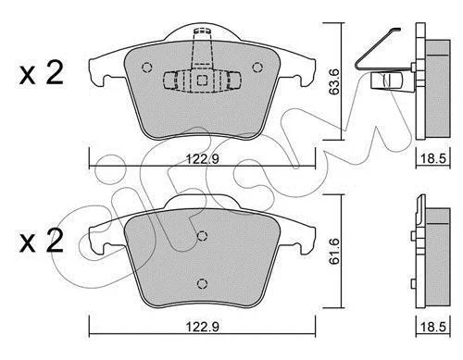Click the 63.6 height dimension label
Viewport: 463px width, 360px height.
pos(333,81)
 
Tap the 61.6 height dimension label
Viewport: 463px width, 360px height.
pos(333,252)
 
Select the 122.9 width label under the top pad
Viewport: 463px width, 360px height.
pos(203,159)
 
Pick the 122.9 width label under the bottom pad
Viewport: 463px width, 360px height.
pos(203,327)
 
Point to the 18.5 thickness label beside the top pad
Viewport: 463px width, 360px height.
pos(433,159)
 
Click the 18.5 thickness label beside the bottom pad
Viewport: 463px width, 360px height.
pos(433,327)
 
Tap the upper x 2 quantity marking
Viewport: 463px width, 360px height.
pos(41,73)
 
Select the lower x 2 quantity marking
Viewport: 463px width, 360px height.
pos(41,241)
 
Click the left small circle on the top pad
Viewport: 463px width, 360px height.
pos(146,68)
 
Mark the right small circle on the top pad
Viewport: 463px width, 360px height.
pos(257,67)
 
